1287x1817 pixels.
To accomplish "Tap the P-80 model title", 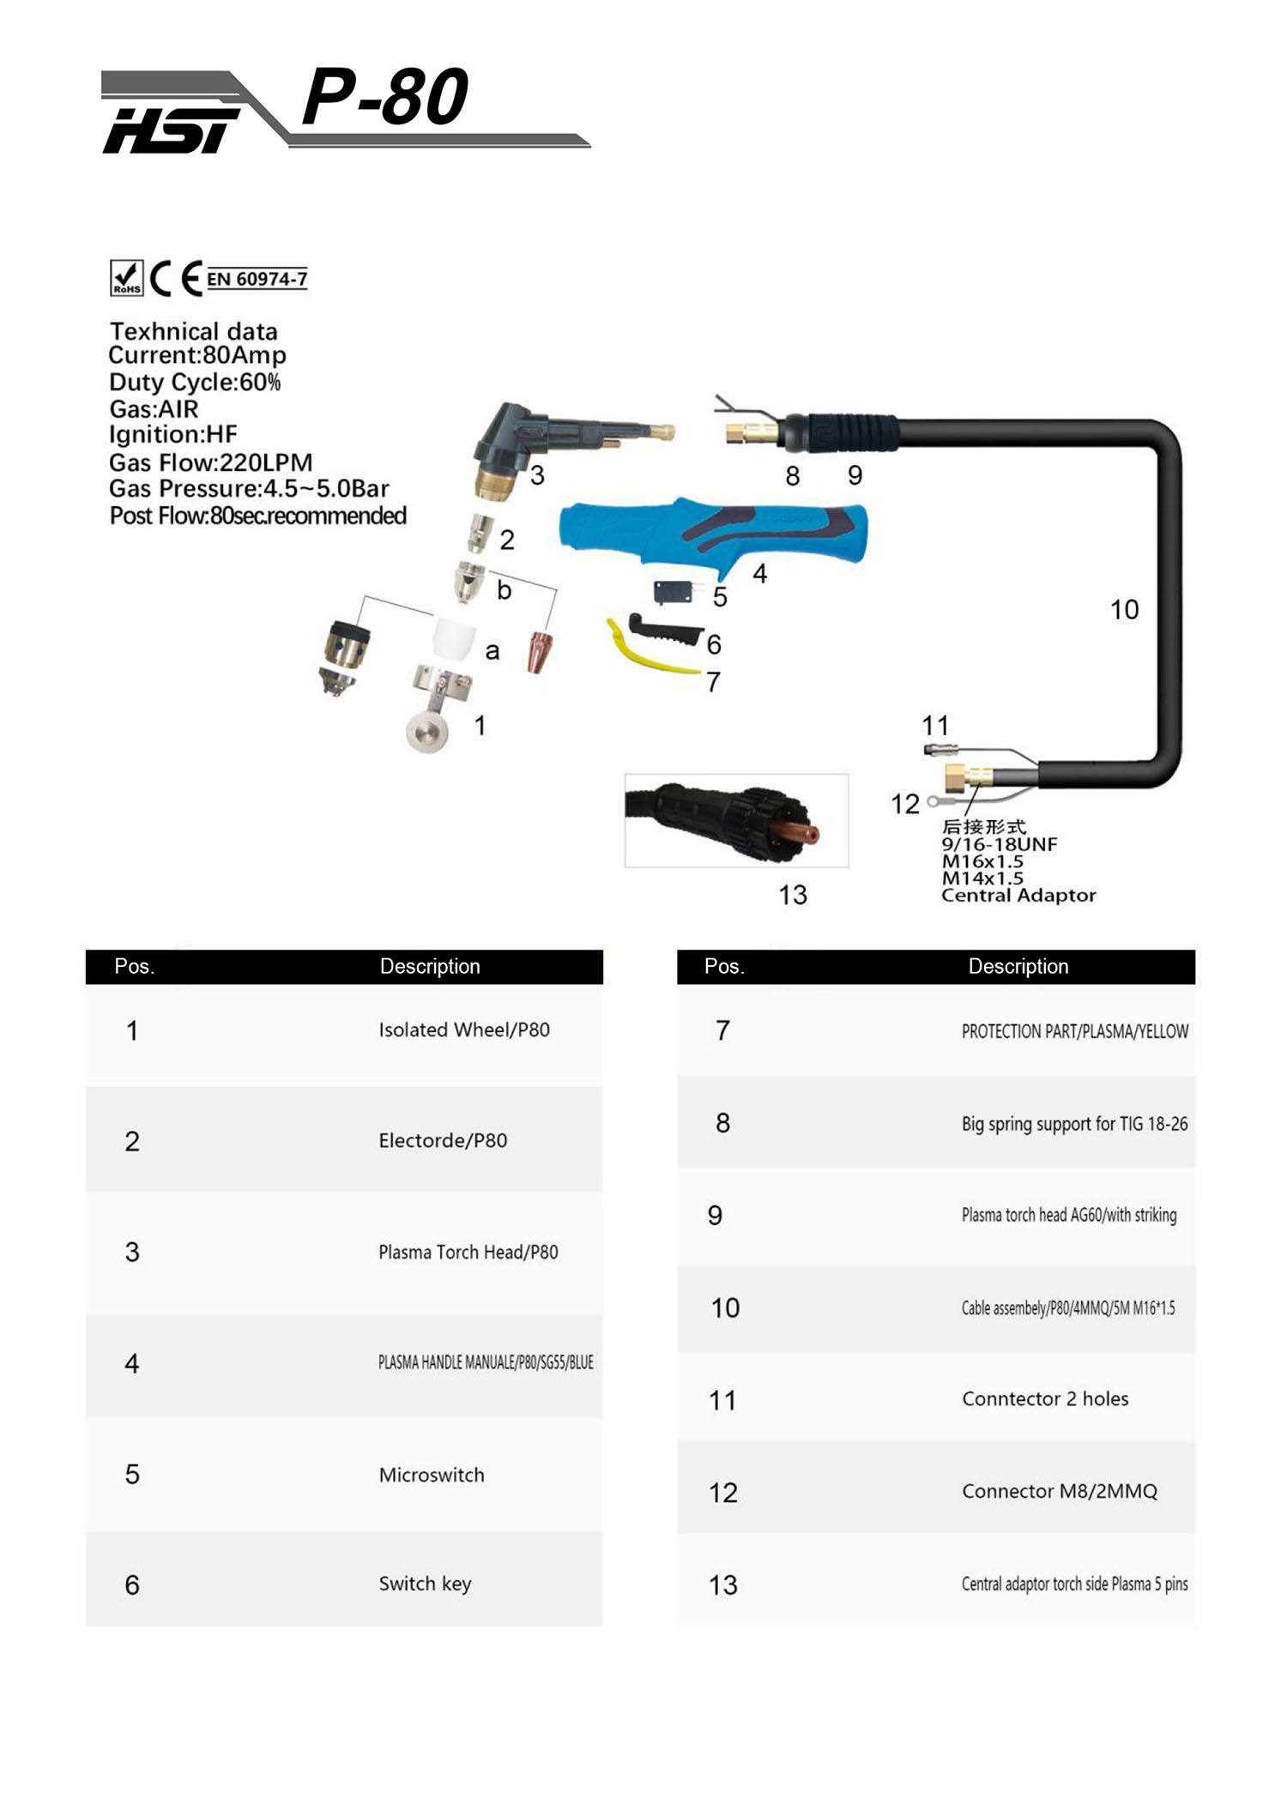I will (385, 97).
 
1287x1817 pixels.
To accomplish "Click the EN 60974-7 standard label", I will (257, 279).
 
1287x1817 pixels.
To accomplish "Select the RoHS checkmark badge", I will (126, 278).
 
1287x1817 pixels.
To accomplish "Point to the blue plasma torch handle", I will (712, 532).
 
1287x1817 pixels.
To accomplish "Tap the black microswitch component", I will (673, 591).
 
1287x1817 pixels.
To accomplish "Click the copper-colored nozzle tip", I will (541, 651).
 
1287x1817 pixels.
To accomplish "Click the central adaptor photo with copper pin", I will (736, 821).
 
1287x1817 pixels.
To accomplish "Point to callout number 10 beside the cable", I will (1124, 609).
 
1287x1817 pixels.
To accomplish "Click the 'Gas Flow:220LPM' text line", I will (210, 462).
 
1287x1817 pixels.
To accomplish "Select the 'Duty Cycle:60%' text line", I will (195, 382).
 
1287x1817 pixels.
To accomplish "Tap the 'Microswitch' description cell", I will (432, 1475).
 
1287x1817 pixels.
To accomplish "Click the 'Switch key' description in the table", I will (425, 1584).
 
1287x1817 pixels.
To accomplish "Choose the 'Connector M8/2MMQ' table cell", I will (1059, 1491).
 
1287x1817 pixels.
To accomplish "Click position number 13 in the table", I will (722, 1585).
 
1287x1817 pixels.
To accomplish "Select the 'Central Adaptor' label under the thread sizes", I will (1018, 895).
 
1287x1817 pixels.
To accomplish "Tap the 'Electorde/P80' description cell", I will (443, 1140).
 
